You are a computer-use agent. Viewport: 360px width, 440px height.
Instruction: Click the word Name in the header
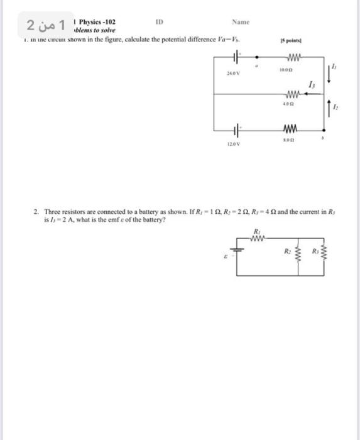(241, 22)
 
